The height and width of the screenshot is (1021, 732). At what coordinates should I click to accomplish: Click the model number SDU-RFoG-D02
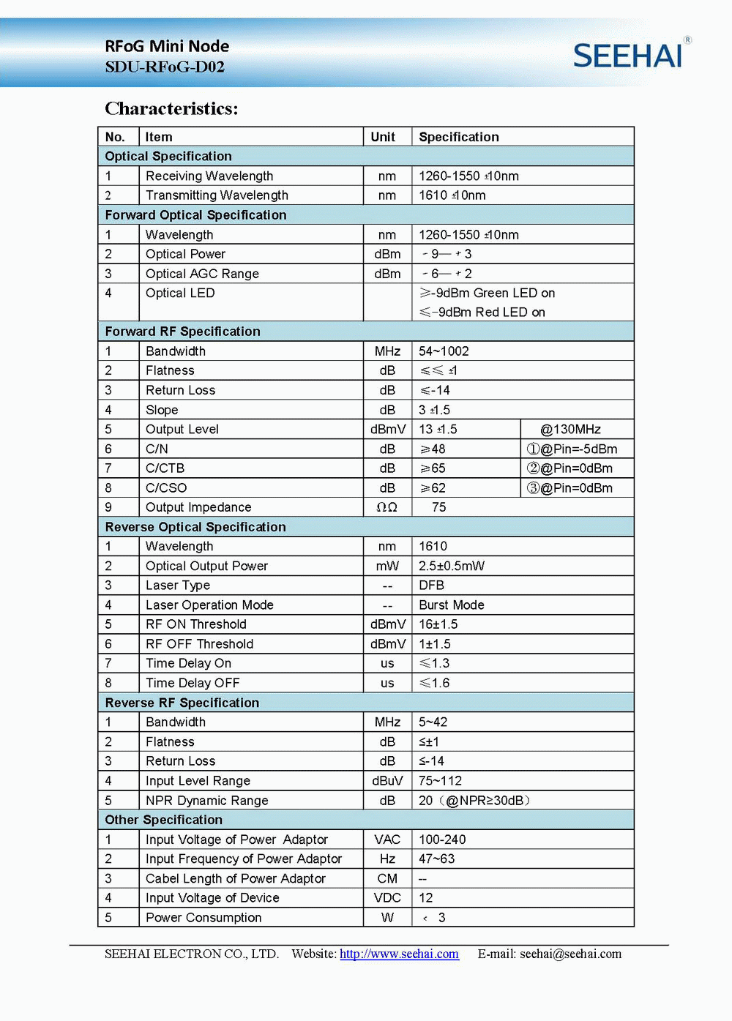[165, 67]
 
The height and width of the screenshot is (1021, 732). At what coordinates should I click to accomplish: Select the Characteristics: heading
[171, 109]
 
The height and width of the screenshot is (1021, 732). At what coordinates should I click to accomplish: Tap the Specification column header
[459, 137]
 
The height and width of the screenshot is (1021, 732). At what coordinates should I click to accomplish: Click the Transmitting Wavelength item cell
[217, 195]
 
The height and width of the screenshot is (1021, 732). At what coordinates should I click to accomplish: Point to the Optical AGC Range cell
[202, 274]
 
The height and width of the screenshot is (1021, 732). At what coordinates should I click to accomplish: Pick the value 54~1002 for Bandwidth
[444, 351]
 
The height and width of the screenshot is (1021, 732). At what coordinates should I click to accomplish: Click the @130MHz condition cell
[570, 430]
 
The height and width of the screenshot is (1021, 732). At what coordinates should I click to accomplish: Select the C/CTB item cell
[165, 468]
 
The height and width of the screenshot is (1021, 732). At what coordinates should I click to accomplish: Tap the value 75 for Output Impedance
[438, 507]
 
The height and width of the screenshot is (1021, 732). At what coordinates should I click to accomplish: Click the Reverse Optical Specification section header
[195, 527]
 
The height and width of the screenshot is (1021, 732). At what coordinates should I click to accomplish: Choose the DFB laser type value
[431, 586]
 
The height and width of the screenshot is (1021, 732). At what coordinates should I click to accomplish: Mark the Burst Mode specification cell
[452, 605]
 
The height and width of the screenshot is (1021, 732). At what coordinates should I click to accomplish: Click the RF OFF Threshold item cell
[199, 644]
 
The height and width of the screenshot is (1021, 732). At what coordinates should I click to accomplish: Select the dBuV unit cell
[387, 781]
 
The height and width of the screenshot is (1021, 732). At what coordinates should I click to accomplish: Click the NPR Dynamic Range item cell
[206, 801]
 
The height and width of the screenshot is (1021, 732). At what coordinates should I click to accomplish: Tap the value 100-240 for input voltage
[442, 839]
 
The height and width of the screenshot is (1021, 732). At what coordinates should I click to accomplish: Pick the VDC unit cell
[387, 898]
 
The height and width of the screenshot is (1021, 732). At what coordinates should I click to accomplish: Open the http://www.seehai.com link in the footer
[399, 954]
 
